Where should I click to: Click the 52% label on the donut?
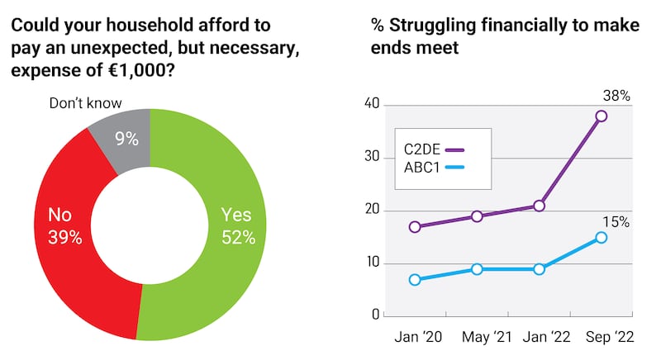[238, 238]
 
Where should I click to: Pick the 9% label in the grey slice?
[126, 140]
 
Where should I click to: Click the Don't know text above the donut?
[85, 103]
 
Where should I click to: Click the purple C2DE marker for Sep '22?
[601, 116]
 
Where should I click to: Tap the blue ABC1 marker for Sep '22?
[601, 238]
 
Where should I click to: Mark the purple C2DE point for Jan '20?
[415, 227]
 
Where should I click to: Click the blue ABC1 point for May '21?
[477, 269]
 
